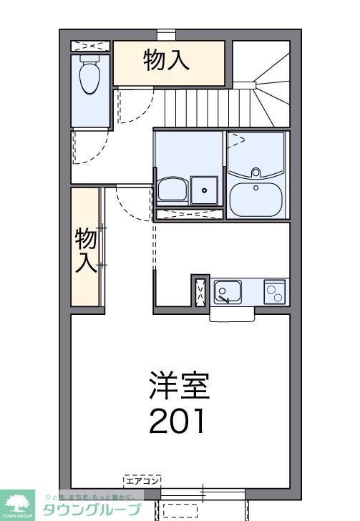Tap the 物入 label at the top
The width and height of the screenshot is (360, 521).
tap(167, 60)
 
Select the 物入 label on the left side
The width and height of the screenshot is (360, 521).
tap(86, 250)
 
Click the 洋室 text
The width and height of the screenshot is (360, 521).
tap(179, 385)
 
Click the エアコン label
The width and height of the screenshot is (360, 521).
tap(142, 479)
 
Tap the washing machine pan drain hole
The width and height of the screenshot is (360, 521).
tap(205, 190)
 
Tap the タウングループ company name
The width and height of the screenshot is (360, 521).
tap(92, 510)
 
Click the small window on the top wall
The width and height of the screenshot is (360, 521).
tap(166, 33)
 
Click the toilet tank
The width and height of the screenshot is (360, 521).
tap(90, 62)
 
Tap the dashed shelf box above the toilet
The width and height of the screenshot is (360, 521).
tap(91, 47)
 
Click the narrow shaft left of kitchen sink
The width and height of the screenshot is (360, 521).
tap(200, 291)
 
